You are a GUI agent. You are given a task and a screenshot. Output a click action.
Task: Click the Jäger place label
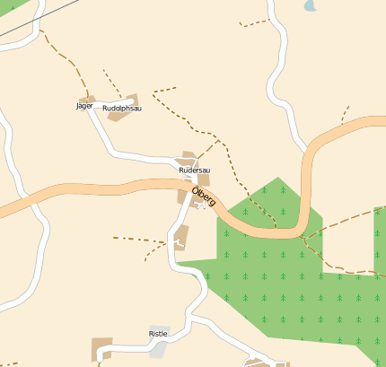[84, 106]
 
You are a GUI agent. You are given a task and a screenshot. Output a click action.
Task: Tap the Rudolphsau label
[122, 109]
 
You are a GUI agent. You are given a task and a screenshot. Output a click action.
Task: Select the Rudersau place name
[194, 170]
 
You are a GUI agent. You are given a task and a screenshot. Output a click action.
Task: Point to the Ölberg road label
[204, 197]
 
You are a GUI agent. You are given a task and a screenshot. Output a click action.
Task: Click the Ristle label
[157, 334]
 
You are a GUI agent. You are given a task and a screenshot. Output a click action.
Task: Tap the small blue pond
[311, 5]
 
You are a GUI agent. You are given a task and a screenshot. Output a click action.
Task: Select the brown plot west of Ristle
[102, 348]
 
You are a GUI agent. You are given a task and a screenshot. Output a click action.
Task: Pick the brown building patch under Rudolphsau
[130, 100]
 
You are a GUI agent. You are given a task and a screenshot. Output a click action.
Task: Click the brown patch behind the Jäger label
[87, 98]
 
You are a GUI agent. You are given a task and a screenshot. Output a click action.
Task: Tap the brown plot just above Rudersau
[189, 157]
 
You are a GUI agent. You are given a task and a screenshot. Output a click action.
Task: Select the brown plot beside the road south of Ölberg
[181, 237]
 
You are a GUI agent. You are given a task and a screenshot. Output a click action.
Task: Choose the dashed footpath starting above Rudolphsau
[111, 81]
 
